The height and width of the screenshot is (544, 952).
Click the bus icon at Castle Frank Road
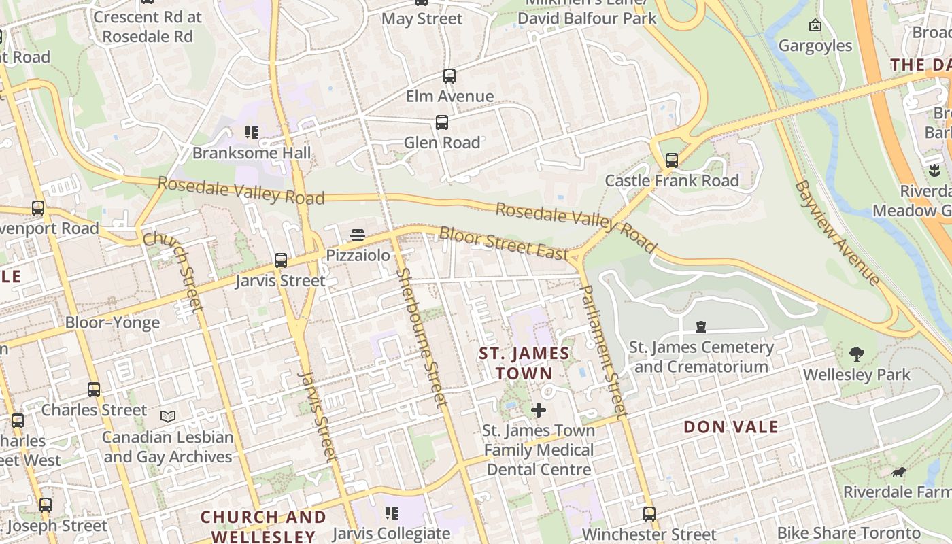672,160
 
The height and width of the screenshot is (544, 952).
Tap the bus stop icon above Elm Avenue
449,76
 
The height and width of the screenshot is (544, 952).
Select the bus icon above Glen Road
442,122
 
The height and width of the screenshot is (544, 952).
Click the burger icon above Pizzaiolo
358,236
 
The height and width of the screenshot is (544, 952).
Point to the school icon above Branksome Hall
252,133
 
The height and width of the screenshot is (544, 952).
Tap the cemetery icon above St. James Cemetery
701,327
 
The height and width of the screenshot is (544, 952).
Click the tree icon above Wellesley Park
856,354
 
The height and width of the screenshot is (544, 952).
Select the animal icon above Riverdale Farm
898,472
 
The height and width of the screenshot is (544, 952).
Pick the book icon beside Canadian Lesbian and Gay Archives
167,415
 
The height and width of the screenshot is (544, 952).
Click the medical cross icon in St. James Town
538,410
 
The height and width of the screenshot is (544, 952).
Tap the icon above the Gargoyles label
815,26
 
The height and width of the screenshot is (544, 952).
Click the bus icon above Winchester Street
649,513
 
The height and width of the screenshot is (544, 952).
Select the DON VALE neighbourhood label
731,427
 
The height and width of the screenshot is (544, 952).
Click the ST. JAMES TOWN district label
524,364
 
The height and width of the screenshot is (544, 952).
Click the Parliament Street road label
602,350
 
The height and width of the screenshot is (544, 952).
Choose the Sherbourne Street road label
422,338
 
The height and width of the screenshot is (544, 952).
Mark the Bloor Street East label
504,243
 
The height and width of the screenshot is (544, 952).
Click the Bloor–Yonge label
112,322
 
